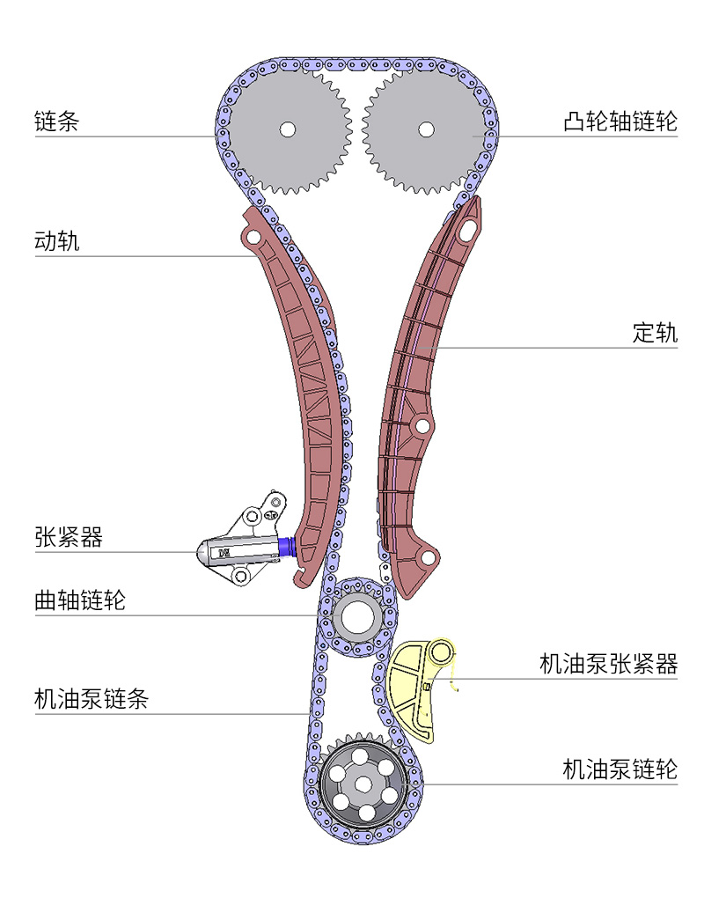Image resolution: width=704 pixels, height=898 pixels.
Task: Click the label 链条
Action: point(56,121)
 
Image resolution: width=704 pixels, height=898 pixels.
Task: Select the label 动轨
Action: point(56,240)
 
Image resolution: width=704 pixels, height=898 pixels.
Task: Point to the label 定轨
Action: point(655,333)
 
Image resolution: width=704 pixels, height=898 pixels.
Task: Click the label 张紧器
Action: point(69,537)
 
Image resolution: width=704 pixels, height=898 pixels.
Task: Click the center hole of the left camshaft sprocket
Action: point(287,129)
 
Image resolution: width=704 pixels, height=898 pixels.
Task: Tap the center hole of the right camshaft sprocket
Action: point(426,129)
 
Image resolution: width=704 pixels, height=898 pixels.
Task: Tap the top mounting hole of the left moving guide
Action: point(253,239)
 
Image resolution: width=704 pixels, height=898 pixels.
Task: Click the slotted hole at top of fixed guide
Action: point(466,229)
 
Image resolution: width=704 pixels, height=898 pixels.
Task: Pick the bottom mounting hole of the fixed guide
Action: point(428,558)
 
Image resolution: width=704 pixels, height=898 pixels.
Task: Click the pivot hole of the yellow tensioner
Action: point(443,652)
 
